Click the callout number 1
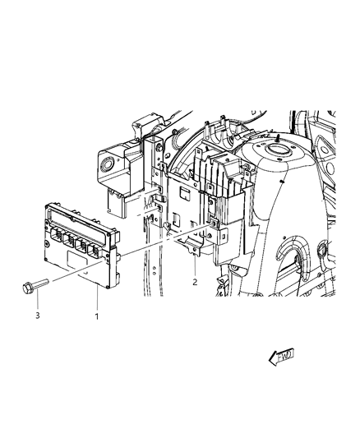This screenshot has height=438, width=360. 96,315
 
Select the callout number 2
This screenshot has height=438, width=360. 194,281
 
